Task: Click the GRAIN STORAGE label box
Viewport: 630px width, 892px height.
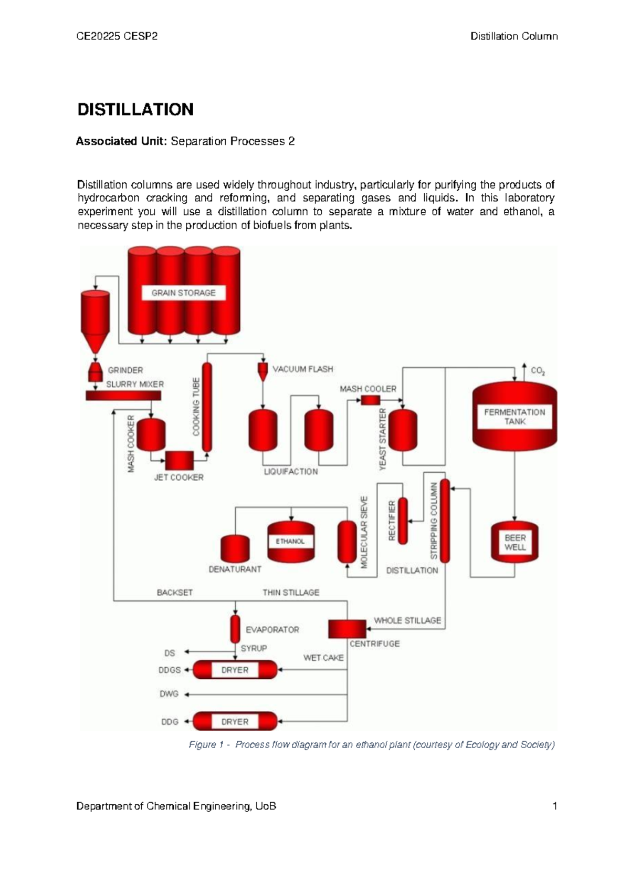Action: pyautogui.click(x=183, y=293)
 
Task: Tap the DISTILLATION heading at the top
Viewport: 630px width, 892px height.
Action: pyautogui.click(x=135, y=110)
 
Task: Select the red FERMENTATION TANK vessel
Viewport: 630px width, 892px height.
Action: pyautogui.click(x=514, y=415)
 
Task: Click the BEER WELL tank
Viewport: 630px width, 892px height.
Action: pyautogui.click(x=514, y=543)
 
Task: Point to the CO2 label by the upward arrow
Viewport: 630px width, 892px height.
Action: pyautogui.click(x=538, y=371)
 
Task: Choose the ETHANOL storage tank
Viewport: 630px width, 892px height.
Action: pyautogui.click(x=291, y=542)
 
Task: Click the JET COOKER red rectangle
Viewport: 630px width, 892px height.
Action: pyautogui.click(x=180, y=460)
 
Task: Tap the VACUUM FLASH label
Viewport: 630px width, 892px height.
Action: pyautogui.click(x=302, y=369)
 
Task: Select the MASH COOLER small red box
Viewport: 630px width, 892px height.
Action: pyautogui.click(x=370, y=400)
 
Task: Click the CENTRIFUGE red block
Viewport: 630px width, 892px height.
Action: pyautogui.click(x=347, y=629)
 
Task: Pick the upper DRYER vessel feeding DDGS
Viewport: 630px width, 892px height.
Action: pyautogui.click(x=235, y=670)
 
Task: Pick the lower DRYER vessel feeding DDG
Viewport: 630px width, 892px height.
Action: pyautogui.click(x=235, y=721)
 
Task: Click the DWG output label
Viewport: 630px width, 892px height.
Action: pyautogui.click(x=169, y=694)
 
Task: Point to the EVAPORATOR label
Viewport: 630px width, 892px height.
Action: pyautogui.click(x=272, y=629)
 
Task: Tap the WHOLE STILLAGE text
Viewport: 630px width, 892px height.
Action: pyautogui.click(x=407, y=620)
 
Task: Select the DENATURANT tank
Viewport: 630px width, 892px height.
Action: pyautogui.click(x=235, y=548)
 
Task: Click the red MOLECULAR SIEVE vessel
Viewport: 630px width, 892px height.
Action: pyautogui.click(x=347, y=542)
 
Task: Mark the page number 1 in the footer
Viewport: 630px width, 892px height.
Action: pyautogui.click(x=554, y=806)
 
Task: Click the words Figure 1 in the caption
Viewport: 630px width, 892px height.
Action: pyautogui.click(x=203, y=744)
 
